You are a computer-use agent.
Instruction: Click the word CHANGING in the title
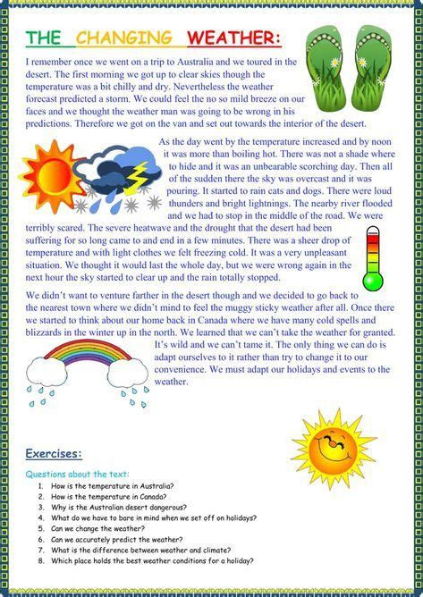point(123,38)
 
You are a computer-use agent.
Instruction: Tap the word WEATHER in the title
point(233,38)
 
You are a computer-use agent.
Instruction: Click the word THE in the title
point(45,38)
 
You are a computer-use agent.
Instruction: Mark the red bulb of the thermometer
point(373,280)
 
